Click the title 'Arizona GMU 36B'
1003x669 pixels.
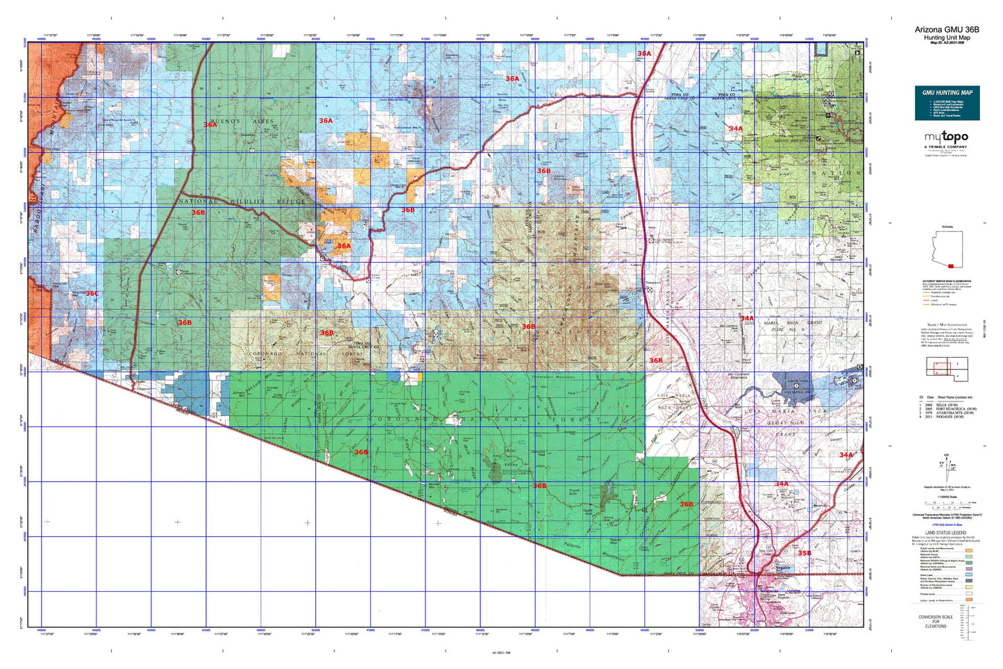947,29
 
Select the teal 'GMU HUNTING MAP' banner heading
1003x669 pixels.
947,92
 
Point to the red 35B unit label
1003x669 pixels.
804,553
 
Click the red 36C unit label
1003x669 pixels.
92,294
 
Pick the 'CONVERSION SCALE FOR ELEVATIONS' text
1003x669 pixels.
935,621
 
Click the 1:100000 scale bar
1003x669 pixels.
947,502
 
